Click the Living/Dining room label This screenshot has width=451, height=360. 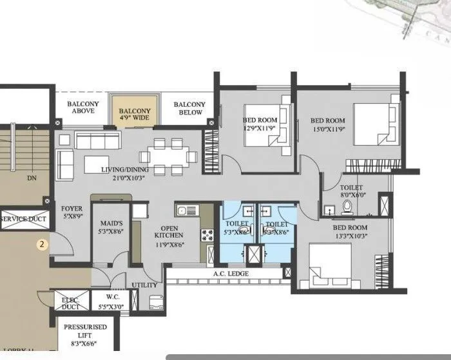[126, 174]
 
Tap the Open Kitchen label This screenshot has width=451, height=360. [167, 240]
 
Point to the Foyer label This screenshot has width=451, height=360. [72, 213]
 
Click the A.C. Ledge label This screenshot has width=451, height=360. [223, 274]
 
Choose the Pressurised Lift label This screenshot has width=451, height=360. [85, 331]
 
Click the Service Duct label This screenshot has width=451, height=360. [23, 220]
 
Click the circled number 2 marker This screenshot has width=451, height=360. [42, 244]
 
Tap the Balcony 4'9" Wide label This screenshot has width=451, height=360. [135, 114]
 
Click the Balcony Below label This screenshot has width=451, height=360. [189, 108]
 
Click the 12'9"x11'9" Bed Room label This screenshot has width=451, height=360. [259, 124]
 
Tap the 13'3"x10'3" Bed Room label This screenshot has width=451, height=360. [350, 232]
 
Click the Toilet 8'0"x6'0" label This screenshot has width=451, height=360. [351, 192]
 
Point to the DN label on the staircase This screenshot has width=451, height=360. [31, 177]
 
